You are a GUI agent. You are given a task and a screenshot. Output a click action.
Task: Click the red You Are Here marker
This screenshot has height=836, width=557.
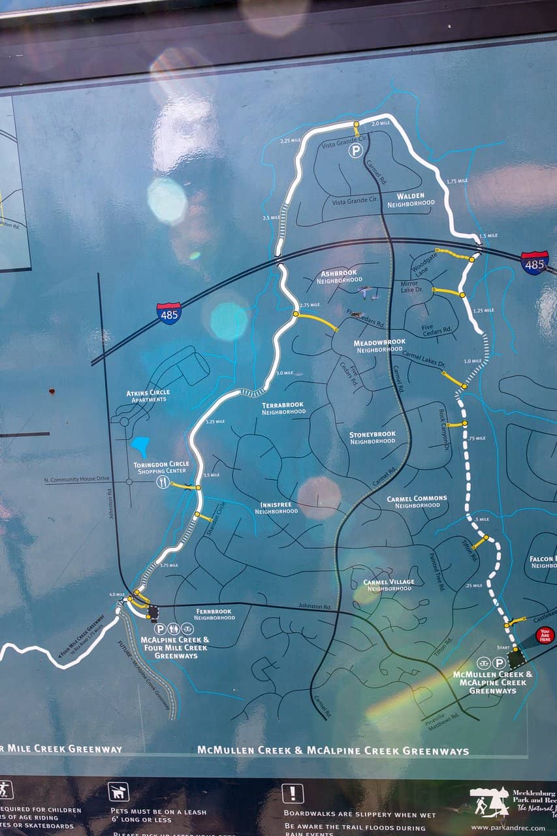pyautogui.click(x=545, y=635)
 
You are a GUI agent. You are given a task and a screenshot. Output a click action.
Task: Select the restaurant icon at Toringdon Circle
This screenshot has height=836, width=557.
pyautogui.click(x=163, y=482)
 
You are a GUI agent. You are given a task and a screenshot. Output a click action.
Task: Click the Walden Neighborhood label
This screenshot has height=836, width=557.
pyautogui.click(x=411, y=199)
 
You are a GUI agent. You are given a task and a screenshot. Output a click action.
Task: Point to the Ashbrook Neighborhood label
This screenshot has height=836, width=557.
pyautogui.click(x=339, y=276)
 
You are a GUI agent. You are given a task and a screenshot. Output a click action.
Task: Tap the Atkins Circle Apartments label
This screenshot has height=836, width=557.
pyautogui.click(x=148, y=396)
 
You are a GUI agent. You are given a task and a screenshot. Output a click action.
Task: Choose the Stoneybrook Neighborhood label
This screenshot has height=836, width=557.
pyautogui.click(x=372, y=437)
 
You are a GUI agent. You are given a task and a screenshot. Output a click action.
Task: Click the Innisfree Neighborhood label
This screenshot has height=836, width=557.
pyautogui.click(x=279, y=507)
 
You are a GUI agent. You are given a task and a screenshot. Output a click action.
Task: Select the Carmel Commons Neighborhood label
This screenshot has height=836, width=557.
pyautogui.click(x=417, y=502)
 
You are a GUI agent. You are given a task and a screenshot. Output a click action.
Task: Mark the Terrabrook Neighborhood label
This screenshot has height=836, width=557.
pyautogui.click(x=283, y=408)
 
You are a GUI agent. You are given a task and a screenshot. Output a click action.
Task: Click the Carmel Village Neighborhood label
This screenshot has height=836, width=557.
pyautogui.click(x=389, y=585)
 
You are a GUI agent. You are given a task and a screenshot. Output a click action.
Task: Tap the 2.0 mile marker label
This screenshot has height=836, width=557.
pyautogui.click(x=380, y=123)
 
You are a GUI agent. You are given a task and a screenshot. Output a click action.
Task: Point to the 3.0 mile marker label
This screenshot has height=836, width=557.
pyautogui.click(x=284, y=373)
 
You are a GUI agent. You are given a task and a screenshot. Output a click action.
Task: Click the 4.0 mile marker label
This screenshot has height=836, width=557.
pyautogui.click(x=116, y=594)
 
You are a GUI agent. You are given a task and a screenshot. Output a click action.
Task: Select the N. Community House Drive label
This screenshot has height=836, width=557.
pyautogui.click(x=76, y=479)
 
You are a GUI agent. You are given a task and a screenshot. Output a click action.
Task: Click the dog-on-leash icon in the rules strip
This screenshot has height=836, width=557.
pyautogui.click(x=118, y=792)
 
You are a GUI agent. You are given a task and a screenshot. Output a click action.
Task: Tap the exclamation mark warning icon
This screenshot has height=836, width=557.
pyautogui.click(x=293, y=794)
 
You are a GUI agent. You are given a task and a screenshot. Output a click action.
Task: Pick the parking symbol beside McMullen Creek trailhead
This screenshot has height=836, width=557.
pyautogui.click(x=500, y=662)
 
